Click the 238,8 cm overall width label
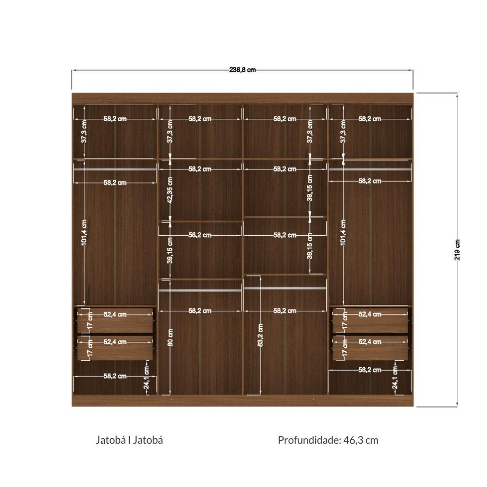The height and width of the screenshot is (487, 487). coord(243,70)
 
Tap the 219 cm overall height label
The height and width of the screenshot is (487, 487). coord(457,250)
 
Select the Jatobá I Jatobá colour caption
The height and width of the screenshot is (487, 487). coord(129,440)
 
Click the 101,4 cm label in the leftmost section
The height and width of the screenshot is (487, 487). coord(84,233)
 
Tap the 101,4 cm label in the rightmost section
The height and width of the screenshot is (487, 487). coord(343,233)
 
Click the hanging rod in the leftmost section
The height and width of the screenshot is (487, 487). coord(114,169)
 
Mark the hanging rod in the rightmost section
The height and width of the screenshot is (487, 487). coord(370,169)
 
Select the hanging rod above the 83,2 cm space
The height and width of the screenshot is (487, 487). coord(285,288)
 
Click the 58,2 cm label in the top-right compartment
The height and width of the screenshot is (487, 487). coord(370,119)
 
